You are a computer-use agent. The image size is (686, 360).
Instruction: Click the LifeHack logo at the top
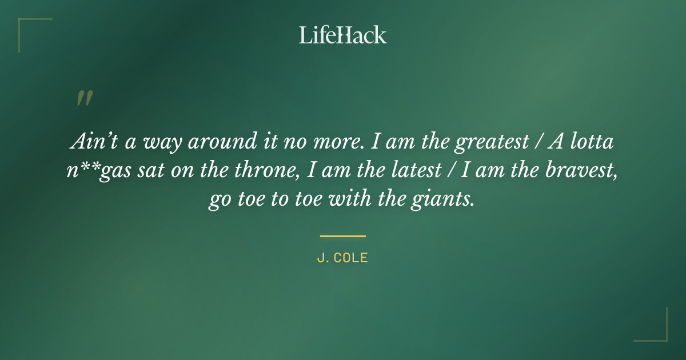click(x=342, y=35)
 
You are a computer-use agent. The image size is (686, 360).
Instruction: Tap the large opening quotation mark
click(x=84, y=99)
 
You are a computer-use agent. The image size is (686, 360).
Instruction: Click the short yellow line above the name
click(x=342, y=235)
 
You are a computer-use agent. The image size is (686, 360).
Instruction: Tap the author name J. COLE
click(x=342, y=258)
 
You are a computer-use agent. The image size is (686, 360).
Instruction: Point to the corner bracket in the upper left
click(x=26, y=26)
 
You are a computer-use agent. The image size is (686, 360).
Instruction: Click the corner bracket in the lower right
click(x=660, y=334)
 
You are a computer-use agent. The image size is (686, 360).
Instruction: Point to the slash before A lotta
click(x=537, y=142)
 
